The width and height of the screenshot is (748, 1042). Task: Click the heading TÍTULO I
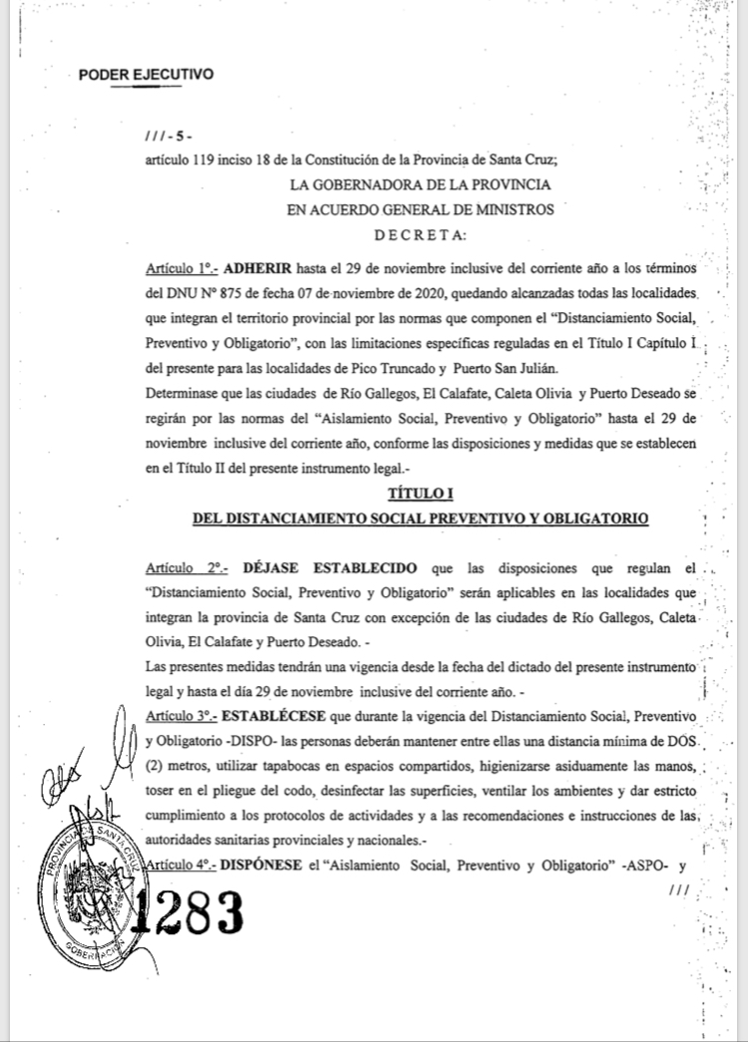click(420, 495)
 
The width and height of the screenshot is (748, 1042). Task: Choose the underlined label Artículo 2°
click(186, 568)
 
